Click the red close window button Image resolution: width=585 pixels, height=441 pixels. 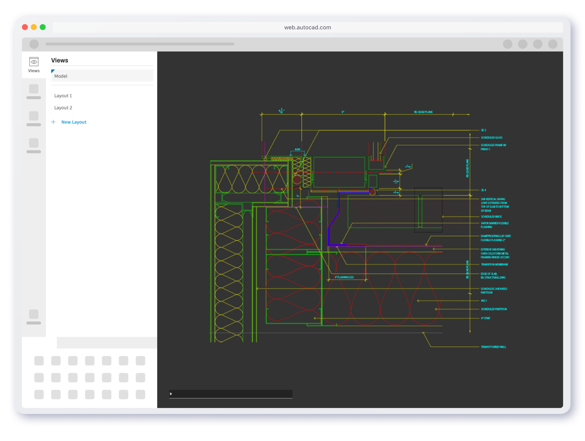(25, 27)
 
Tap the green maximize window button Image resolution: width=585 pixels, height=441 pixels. (43, 27)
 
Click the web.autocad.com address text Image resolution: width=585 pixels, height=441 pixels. (307, 28)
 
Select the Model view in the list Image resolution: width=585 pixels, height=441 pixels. (61, 76)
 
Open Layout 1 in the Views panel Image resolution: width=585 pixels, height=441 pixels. (63, 96)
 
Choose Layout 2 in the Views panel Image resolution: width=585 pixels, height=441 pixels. (63, 108)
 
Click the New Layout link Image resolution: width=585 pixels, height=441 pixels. (73, 122)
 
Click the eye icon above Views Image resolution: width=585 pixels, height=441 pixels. (34, 62)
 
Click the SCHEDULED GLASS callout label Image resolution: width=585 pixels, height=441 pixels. (491, 138)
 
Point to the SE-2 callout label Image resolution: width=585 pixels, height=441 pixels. (483, 130)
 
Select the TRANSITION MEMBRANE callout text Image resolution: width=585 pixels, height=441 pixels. (494, 264)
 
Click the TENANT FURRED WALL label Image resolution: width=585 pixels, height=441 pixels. (493, 347)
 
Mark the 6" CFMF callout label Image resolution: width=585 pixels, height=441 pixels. (485, 318)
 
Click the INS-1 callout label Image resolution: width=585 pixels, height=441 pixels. (484, 301)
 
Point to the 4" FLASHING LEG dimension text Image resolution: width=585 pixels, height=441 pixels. (344, 277)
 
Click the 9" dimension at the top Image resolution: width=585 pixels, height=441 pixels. (343, 112)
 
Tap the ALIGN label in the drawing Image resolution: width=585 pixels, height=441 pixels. (297, 149)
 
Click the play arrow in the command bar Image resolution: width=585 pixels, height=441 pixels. (171, 394)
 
